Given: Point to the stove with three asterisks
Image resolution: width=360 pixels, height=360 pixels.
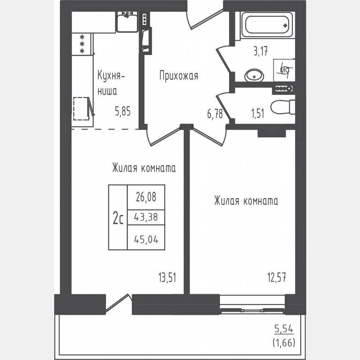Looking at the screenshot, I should click(x=82, y=44).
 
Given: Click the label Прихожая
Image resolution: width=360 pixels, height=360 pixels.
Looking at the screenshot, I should click(x=179, y=75).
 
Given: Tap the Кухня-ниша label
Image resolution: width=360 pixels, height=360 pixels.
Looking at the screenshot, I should click(x=110, y=83).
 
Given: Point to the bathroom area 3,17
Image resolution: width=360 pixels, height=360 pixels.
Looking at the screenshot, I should click(x=260, y=52).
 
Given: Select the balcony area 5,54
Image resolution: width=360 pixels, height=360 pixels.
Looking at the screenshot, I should click(x=283, y=330).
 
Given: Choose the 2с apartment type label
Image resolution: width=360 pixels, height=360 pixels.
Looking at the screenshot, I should click(x=117, y=217).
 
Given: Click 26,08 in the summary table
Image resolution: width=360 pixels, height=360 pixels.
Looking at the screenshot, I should click(x=146, y=197).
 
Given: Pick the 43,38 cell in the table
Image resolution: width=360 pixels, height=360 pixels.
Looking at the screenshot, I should click(x=146, y=217).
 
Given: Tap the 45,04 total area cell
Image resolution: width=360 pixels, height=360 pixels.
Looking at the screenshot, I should click(x=146, y=238).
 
